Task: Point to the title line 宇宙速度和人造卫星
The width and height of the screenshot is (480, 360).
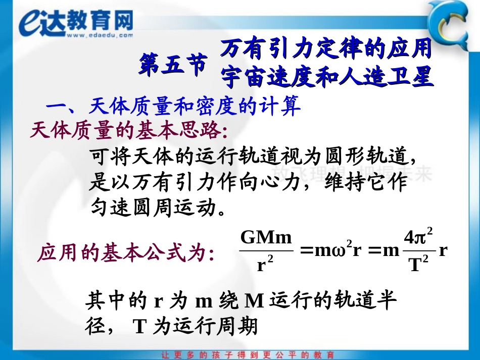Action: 327,77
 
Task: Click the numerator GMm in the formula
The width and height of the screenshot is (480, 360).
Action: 266,237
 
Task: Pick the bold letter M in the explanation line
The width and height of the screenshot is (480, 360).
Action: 255,301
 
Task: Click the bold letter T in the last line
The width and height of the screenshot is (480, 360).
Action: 140,327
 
